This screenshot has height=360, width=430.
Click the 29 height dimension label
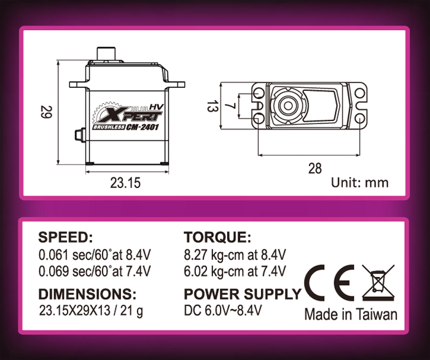(45, 112)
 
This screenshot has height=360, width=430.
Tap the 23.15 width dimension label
(125, 183)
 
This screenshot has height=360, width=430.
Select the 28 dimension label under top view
(315, 168)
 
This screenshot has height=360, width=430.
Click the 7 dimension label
(230, 106)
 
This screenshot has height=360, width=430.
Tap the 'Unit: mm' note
(360, 182)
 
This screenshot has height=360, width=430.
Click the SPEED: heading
(66, 237)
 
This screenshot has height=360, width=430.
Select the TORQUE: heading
(217, 237)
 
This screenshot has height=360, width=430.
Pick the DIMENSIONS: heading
(87, 294)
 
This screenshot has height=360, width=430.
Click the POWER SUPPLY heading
(243, 294)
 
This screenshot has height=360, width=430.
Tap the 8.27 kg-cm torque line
(235, 255)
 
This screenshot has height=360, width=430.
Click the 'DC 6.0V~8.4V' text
(222, 310)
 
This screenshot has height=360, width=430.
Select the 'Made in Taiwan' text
(351, 314)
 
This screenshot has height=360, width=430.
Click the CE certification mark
(329, 283)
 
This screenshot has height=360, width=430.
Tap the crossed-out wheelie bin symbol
(378, 282)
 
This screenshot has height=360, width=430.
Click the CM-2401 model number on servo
(143, 127)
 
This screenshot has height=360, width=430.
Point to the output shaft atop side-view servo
(106, 53)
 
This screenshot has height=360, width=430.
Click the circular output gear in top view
(287, 106)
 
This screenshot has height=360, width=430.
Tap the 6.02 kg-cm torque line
(235, 272)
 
